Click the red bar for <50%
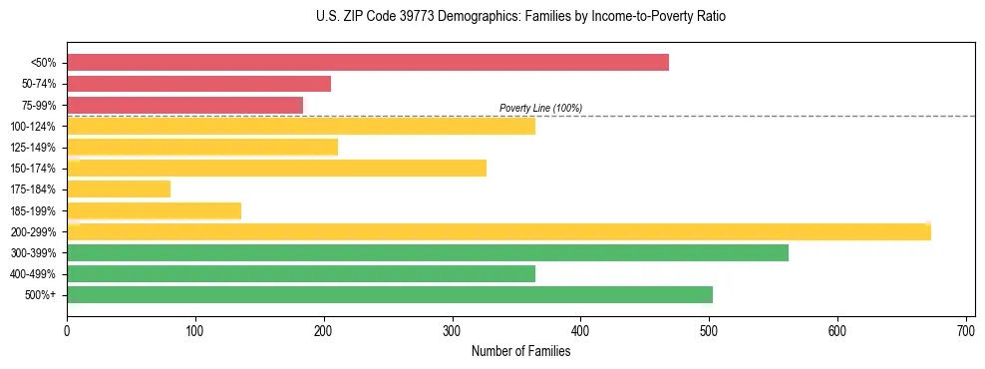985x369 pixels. (367, 62)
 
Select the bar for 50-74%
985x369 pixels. (198, 84)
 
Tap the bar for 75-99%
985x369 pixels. (184, 105)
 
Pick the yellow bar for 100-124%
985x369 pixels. (301, 126)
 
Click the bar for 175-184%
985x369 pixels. (119, 188)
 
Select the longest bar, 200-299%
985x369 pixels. (498, 231)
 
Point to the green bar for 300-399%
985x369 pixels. (428, 252)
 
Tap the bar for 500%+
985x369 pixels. (390, 294)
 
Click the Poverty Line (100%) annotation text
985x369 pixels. (540, 108)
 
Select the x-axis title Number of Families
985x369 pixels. (520, 351)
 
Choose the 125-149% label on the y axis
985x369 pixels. (34, 148)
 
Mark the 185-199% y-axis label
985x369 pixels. (34, 210)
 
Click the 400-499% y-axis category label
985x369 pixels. (34, 274)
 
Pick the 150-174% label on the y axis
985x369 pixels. (34, 169)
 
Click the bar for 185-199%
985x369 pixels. (154, 210)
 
